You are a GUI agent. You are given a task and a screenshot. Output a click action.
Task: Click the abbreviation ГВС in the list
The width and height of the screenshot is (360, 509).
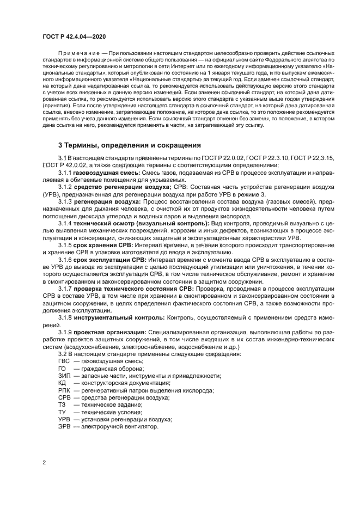pos(65,361)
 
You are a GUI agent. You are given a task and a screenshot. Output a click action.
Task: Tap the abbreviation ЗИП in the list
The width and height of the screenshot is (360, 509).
pos(65,376)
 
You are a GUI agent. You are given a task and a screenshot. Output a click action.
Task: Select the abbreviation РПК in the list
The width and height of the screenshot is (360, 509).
pos(65,391)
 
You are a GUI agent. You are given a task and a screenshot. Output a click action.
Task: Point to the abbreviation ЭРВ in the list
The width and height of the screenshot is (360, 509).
pos(65,426)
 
